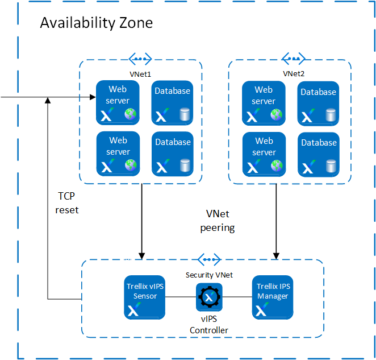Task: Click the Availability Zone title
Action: [97, 23]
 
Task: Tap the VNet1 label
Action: [140, 74]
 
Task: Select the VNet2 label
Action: [294, 74]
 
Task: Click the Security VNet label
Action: [209, 275]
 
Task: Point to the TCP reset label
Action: [66, 203]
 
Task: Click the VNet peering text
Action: [218, 221]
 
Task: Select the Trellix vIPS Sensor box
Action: [145, 297]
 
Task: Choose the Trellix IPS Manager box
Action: [273, 297]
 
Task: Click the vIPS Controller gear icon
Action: [209, 297]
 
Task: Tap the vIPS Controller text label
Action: [209, 325]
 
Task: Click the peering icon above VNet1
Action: [140, 59]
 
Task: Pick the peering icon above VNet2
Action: [294, 59]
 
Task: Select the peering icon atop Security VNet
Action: [209, 259]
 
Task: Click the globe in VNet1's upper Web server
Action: [131, 114]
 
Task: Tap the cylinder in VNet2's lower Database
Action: [331, 166]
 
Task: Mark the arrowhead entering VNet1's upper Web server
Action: [93, 97]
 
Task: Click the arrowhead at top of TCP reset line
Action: [48, 100]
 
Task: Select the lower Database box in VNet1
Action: [173, 154]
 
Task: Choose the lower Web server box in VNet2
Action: [264, 155]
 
